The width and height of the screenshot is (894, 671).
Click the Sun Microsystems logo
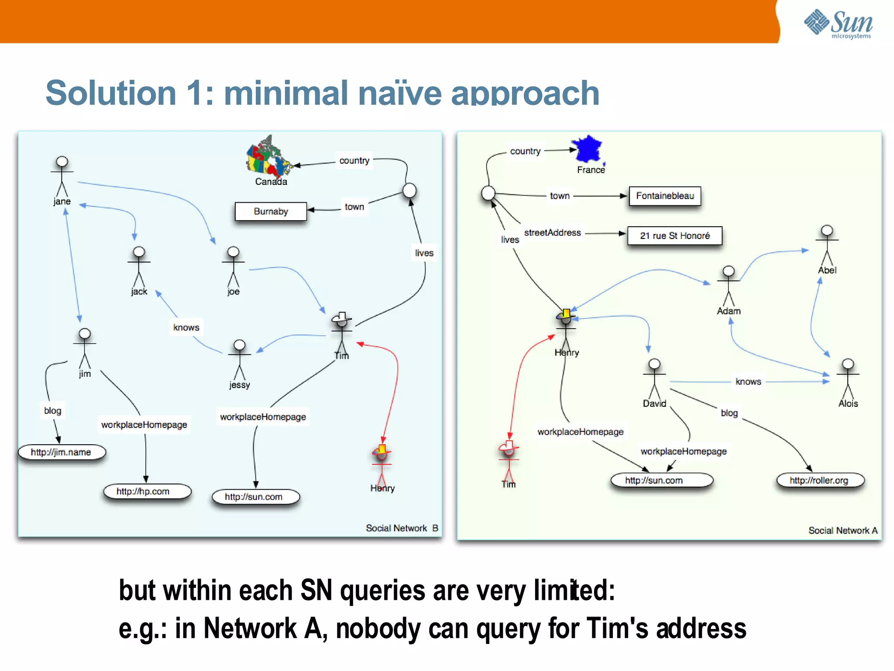tap(838, 24)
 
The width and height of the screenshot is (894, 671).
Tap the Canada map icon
tap(268, 156)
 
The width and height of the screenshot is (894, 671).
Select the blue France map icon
tap(588, 149)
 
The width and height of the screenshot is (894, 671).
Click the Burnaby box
tap(271, 211)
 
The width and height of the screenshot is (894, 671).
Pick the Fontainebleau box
tap(665, 196)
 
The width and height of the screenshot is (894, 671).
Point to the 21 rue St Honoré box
tap(674, 236)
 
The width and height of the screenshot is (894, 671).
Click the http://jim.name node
tap(61, 452)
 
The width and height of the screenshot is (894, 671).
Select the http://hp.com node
tap(143, 491)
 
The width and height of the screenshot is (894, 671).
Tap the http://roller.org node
tap(819, 481)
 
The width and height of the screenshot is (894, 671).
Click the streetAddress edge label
tap(552, 233)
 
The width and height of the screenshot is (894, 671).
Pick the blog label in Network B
tap(53, 411)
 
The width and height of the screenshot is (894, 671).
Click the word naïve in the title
tap(399, 93)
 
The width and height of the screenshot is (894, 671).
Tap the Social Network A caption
tap(842, 530)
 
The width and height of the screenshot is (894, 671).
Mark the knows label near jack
tap(186, 328)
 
